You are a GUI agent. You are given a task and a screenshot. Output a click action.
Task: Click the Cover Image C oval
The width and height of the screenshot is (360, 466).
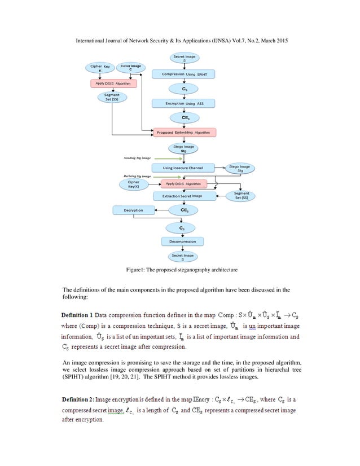coord(130,68)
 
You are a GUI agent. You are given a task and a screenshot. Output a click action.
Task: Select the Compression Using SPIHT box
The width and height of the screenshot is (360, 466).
coord(184,74)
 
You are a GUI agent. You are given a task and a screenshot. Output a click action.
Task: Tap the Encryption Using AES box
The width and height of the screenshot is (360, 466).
coord(184,103)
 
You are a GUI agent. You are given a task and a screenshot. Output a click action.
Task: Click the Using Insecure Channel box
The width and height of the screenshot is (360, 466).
coord(184,168)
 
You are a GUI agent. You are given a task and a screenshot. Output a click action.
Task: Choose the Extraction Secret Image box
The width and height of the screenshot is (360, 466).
coord(184,196)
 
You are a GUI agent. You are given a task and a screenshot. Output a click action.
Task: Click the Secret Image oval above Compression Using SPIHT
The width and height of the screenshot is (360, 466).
coord(184,58)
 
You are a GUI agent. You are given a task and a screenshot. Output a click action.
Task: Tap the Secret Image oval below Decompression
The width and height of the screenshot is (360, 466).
coord(183,257)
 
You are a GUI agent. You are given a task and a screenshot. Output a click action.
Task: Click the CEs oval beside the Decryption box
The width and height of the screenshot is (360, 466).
coord(184,210)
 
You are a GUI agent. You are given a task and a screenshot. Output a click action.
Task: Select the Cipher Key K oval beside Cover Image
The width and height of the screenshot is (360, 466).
coord(100,68)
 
